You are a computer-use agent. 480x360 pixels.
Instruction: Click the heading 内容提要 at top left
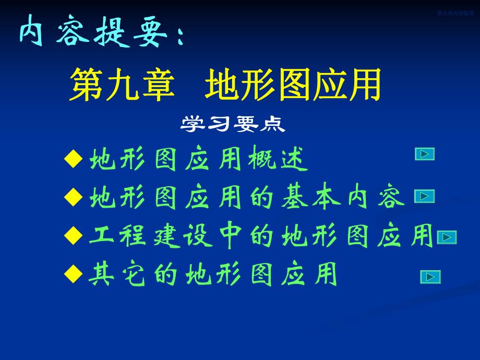point(99,32)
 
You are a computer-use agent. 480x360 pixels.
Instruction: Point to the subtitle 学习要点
point(233,124)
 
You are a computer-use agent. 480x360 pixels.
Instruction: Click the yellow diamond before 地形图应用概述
point(76,159)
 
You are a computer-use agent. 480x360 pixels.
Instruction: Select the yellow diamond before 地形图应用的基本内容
point(76,197)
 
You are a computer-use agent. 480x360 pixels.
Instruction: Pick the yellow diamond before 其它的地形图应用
point(76,273)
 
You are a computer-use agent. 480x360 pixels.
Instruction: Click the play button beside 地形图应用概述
point(425,154)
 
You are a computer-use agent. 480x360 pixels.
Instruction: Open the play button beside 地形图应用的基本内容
point(425,196)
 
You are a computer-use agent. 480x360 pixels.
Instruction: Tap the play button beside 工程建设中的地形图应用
point(447,237)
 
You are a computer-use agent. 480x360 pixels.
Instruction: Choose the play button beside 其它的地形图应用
point(430,277)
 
